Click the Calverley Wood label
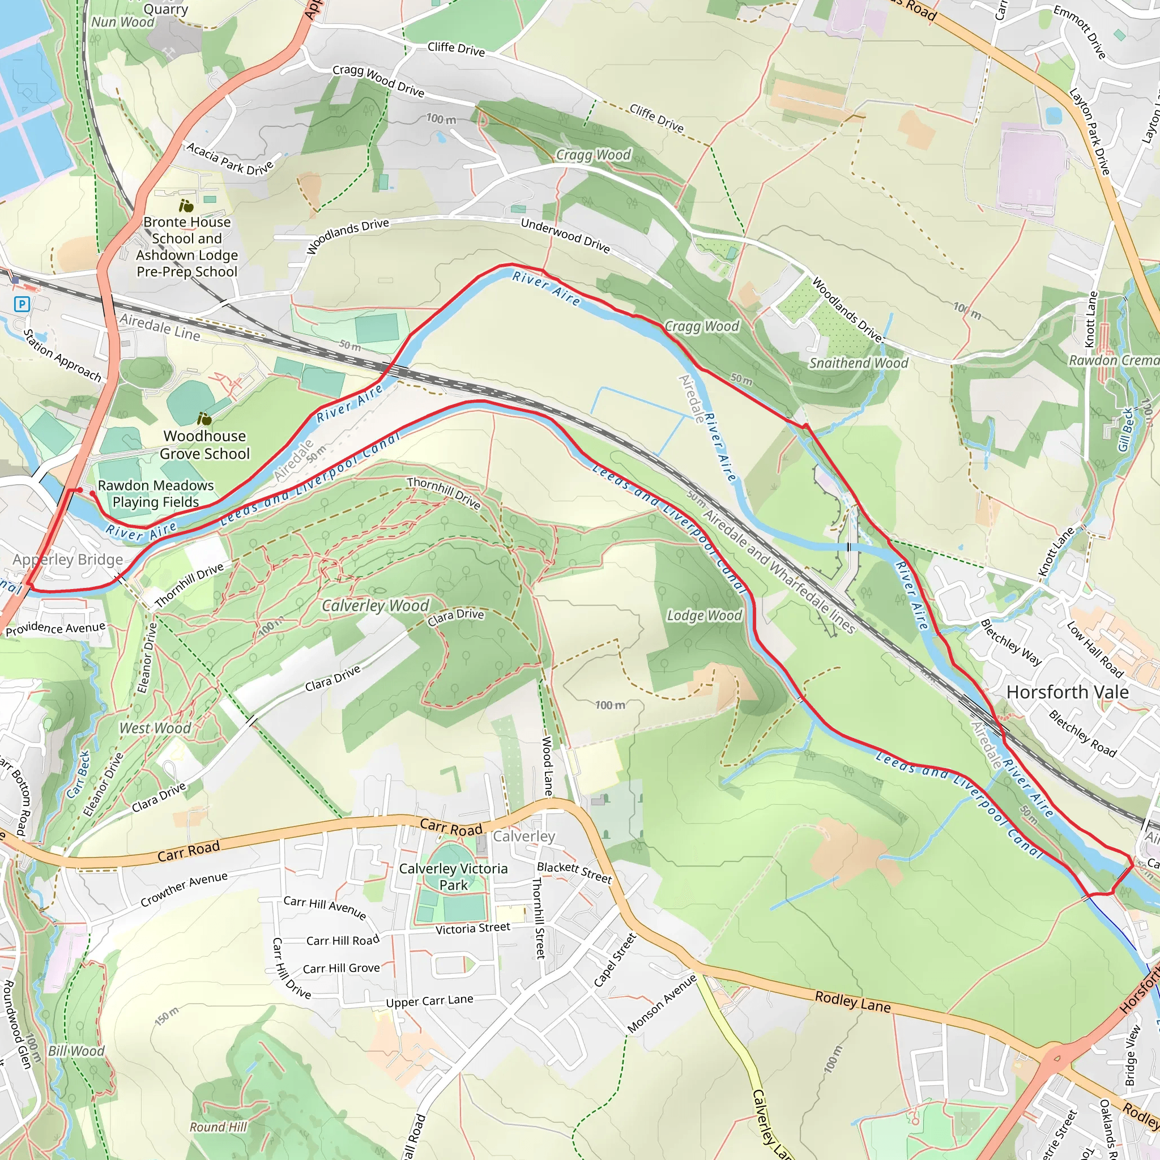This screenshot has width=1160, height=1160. coord(376,605)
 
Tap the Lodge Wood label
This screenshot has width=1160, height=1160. coord(704,616)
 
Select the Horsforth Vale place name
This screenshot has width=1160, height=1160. coord(1068,692)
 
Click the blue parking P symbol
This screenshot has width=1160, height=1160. coord(22,304)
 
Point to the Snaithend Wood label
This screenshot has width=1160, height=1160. coord(859,362)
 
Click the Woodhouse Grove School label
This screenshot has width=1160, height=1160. coord(204,445)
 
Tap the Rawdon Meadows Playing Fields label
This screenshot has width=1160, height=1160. coord(156,493)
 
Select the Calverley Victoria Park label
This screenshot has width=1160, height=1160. coord(453,877)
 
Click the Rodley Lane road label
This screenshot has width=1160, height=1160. coord(852,1001)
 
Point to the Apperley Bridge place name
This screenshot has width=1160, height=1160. coord(68,560)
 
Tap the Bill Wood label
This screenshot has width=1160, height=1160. coord(76,1051)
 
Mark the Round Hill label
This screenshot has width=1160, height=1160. coord(218,1127)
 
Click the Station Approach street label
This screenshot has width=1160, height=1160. coord(62,356)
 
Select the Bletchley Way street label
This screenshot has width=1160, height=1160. coord(1011,642)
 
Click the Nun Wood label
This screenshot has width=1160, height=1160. coord(122,22)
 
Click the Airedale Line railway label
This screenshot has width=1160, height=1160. coord(160,327)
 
